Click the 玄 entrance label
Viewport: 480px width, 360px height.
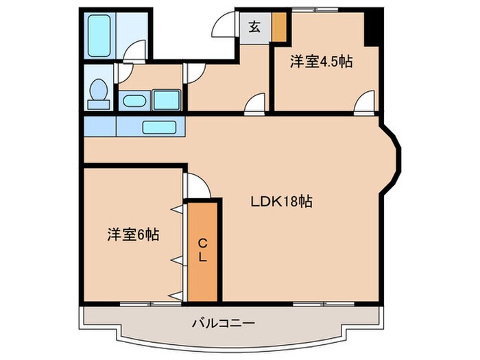[x=254, y=27]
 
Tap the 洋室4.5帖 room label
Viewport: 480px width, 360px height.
[x=321, y=62]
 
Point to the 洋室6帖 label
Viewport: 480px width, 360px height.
[x=133, y=235]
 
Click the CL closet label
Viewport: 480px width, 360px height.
[x=203, y=251]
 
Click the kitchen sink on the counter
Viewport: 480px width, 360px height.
[x=160, y=126]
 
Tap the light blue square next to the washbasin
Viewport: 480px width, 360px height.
[x=166, y=100]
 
